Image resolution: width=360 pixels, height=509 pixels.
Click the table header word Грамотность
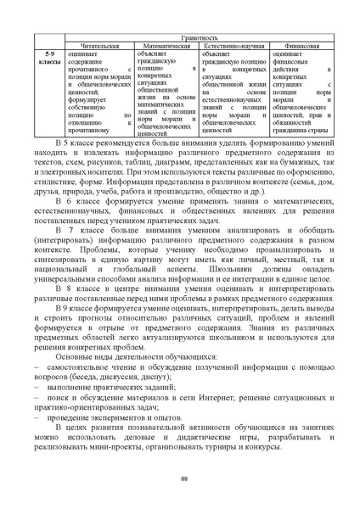[204, 38]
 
